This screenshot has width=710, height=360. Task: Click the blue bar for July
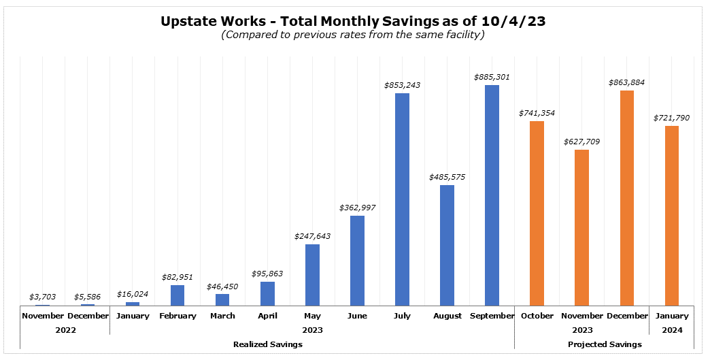tap(402, 199)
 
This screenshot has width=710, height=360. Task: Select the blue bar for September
tap(492, 195)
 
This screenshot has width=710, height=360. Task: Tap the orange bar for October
tap(537, 213)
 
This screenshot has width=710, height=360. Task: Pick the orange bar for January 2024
tap(671, 216)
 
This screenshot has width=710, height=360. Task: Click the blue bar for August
tap(447, 245)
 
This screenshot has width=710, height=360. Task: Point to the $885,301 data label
tap(492, 77)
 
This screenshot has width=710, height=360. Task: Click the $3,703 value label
tap(43, 297)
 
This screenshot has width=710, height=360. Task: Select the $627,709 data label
tap(581, 142)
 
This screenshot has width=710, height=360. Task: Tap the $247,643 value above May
tap(312, 236)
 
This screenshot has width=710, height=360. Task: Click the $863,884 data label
tap(626, 82)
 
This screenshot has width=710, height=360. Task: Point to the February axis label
tap(177, 316)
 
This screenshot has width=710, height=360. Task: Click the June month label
tap(357, 316)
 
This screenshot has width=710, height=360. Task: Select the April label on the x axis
tap(267, 316)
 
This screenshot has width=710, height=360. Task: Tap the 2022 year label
tap(65, 330)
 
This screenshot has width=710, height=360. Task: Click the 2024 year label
tap(671, 330)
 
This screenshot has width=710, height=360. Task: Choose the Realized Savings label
tap(267, 344)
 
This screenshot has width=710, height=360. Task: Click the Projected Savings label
tap(604, 344)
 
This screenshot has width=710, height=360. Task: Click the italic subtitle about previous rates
tap(352, 35)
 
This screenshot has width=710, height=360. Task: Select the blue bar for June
tap(357, 261)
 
